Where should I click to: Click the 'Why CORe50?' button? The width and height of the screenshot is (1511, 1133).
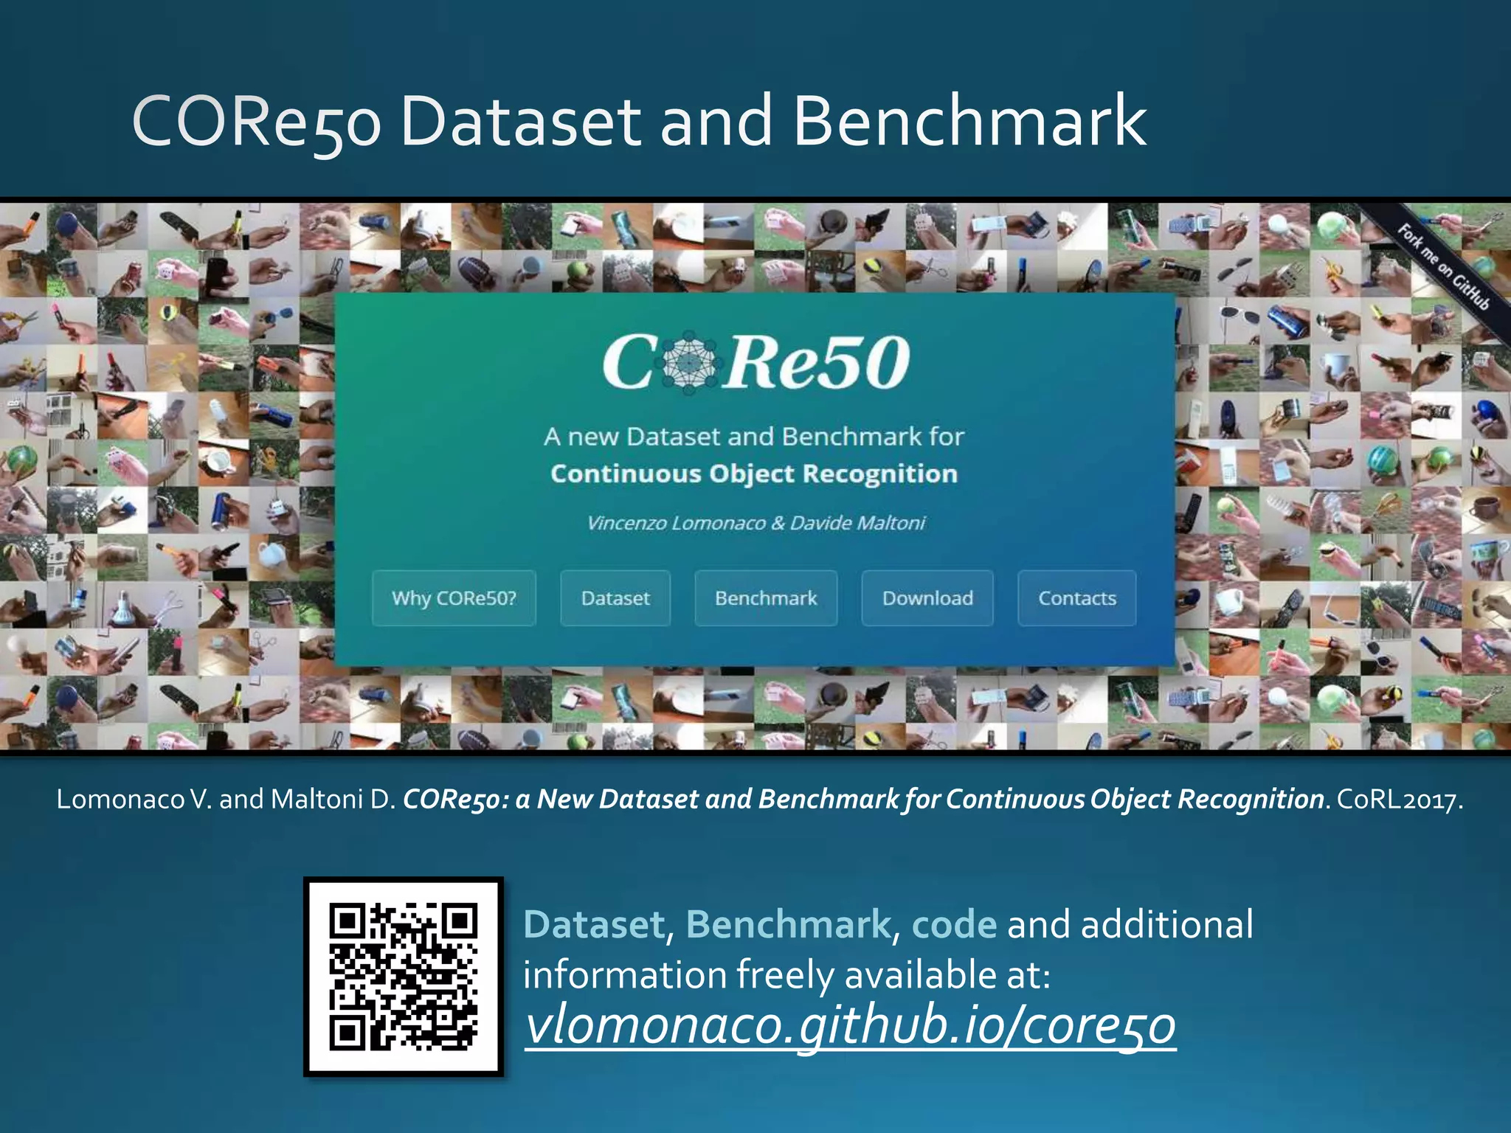click(x=454, y=598)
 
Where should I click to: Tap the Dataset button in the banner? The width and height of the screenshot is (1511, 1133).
click(x=615, y=598)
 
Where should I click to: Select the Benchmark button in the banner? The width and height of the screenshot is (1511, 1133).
click(x=766, y=598)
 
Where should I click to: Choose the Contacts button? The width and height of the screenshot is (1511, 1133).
click(x=1076, y=598)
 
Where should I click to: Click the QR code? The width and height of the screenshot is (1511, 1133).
click(x=404, y=977)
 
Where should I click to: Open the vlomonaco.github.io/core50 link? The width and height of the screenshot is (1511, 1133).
click(x=850, y=1025)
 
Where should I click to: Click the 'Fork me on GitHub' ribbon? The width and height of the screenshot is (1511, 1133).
click(x=1443, y=267)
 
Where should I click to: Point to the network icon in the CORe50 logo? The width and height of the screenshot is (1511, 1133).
click(x=689, y=361)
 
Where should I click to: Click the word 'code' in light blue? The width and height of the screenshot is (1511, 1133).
click(x=954, y=924)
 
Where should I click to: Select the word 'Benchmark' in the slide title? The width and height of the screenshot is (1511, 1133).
click(x=969, y=121)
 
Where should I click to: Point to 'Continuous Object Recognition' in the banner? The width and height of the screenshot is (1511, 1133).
click(x=754, y=474)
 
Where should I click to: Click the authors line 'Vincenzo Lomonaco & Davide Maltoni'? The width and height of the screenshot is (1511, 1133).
click(x=755, y=523)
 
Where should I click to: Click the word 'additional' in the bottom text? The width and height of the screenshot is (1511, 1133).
click(x=1166, y=924)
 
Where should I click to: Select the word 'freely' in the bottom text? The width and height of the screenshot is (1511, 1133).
click(x=785, y=974)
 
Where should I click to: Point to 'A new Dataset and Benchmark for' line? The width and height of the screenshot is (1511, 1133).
click(x=754, y=437)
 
